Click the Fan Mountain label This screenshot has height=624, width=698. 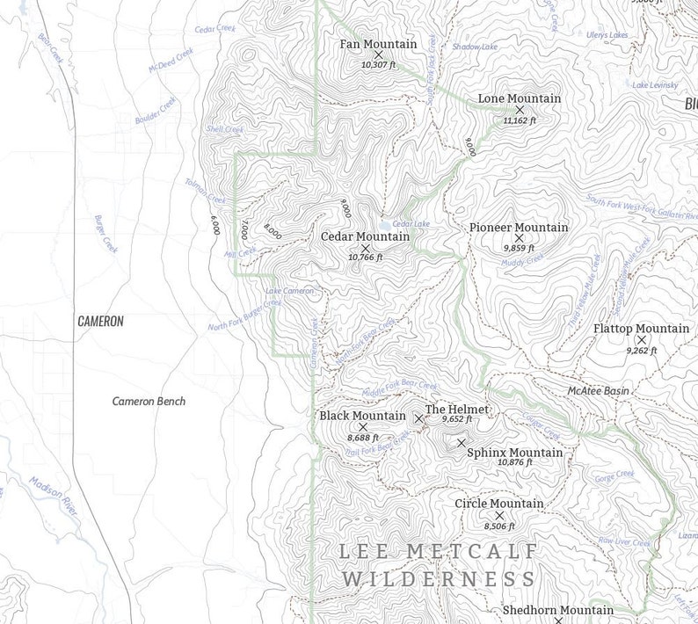(x=378, y=44)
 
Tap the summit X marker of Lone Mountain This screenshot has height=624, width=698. (x=520, y=110)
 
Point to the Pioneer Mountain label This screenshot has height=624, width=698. (x=519, y=228)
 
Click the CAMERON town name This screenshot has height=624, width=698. (x=100, y=322)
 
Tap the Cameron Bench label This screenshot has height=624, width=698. (x=149, y=402)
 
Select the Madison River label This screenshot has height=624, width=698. (x=54, y=497)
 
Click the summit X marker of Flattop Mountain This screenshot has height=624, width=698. (x=642, y=339)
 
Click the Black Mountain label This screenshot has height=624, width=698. (x=362, y=416)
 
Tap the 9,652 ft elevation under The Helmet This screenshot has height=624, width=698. (x=457, y=420)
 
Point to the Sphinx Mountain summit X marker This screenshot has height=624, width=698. (x=461, y=443)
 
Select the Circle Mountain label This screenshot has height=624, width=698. (x=498, y=504)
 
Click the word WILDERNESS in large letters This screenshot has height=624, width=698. (x=439, y=579)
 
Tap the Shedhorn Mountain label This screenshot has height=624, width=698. (x=557, y=610)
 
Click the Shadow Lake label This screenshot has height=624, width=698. (x=475, y=47)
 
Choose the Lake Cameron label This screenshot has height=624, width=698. (x=289, y=291)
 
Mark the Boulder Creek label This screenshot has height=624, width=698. (x=156, y=110)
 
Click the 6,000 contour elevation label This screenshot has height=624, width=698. (x=214, y=225)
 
